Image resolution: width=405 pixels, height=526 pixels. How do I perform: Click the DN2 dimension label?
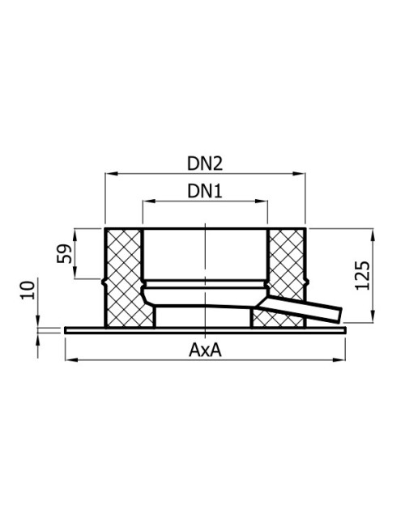pos(204,163)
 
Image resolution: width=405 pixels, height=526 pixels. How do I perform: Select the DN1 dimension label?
pos(204,191)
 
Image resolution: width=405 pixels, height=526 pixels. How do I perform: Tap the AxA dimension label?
pos(205,350)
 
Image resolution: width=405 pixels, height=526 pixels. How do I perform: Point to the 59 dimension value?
pos(65,253)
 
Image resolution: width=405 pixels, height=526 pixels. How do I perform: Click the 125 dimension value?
pos(362,275)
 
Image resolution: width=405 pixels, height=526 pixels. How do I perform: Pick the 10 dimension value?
pos(28,291)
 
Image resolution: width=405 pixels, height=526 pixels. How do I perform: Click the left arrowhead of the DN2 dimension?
pos(112,173)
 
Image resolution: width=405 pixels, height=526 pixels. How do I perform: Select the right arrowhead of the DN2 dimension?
pos(299,173)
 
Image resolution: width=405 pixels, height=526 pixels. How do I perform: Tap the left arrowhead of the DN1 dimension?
pos(149,201)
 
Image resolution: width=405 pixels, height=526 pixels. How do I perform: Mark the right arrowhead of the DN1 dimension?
pos(261,201)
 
